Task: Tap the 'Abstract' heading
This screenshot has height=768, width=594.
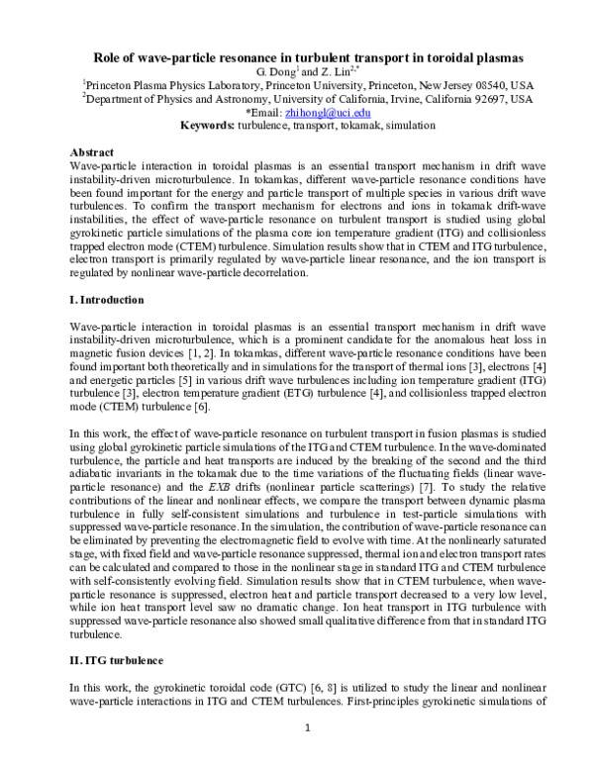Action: pyautogui.click(x=94, y=152)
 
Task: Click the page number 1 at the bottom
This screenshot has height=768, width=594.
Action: pyautogui.click(x=307, y=729)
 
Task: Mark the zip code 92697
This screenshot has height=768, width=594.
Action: pyautogui.click(x=484, y=99)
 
